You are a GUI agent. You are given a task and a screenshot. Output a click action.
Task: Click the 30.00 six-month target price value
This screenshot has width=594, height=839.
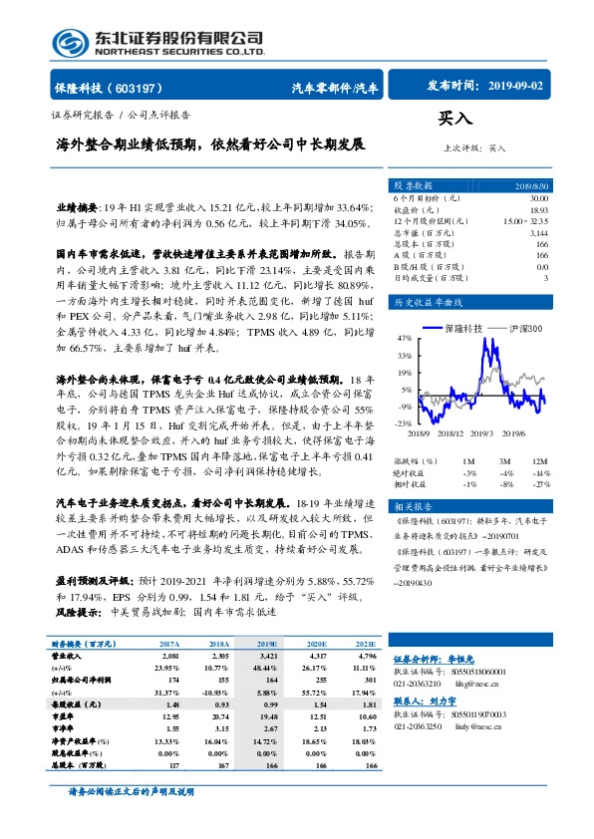pos(539,198)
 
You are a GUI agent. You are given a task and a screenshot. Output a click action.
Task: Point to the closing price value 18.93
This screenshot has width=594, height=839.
pos(539,210)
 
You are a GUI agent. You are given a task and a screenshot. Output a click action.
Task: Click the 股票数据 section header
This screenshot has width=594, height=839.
pos(413,185)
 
